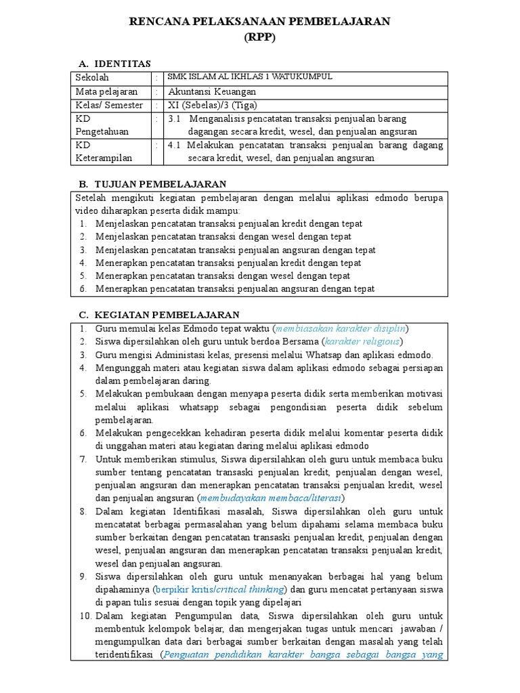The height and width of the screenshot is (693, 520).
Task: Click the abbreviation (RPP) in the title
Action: click(x=260, y=38)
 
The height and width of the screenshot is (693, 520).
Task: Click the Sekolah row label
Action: click(x=92, y=78)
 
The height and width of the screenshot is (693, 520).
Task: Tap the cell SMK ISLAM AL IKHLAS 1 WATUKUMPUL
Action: click(x=250, y=77)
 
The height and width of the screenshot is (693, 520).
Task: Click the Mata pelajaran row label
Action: click(x=106, y=91)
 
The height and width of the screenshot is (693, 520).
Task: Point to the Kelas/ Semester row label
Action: click(x=109, y=105)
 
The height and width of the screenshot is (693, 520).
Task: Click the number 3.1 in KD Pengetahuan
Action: click(x=174, y=118)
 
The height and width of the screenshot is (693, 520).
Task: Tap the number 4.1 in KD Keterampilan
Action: click(x=174, y=145)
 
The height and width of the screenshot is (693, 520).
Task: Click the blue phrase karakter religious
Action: click(x=362, y=341)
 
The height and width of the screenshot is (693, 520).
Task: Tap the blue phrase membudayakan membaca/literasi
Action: click(x=271, y=497)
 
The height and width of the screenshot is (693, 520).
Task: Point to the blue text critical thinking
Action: click(x=253, y=589)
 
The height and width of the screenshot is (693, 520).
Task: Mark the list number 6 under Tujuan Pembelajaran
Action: click(x=83, y=289)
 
